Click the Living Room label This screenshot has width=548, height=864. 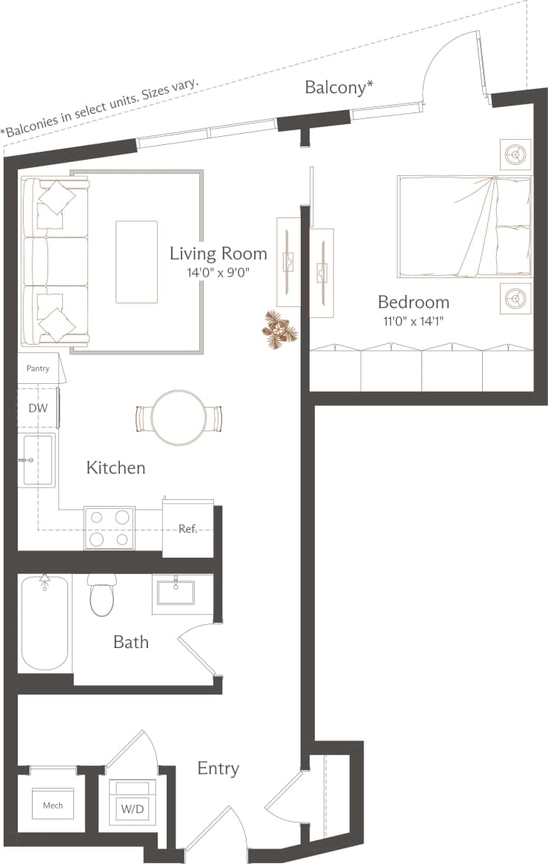pos(218,254)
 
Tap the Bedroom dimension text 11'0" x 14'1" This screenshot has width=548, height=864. pos(413,320)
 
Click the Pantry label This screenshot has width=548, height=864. pos(38,368)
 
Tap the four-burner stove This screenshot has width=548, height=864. pos(109,528)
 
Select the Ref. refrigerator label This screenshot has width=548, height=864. pos(187,529)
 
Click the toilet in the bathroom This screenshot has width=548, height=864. pos(102,595)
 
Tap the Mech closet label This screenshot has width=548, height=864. pos(53,806)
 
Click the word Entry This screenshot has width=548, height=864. pos(218,769)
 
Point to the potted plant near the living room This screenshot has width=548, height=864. pos(281,330)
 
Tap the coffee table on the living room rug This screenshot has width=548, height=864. pos(137,262)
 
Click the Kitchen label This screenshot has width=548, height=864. pos(116,468)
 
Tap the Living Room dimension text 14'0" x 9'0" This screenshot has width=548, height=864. pos(218,273)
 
